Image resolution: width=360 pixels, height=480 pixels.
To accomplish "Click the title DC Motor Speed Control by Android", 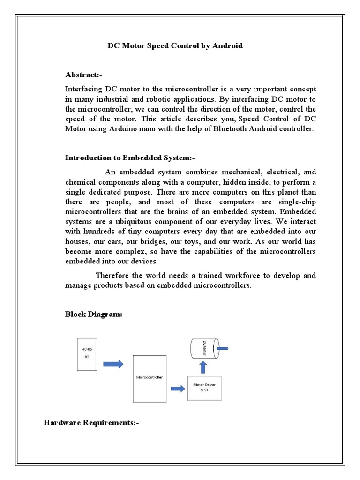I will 175,46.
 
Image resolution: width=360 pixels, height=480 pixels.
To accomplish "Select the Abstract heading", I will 83,75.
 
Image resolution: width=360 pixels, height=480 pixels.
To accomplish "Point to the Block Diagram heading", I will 95,315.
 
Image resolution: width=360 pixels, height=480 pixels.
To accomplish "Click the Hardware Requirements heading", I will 91,423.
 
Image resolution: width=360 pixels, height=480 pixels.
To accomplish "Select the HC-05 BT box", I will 87,354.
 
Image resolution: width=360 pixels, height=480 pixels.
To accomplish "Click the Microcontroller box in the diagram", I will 150,378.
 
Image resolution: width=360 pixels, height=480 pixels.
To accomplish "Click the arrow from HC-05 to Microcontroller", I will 113,364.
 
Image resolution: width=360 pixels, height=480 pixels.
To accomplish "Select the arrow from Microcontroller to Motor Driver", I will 177,388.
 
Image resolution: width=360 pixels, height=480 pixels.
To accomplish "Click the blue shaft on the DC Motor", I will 222,348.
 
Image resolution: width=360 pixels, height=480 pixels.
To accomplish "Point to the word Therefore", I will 113,275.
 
